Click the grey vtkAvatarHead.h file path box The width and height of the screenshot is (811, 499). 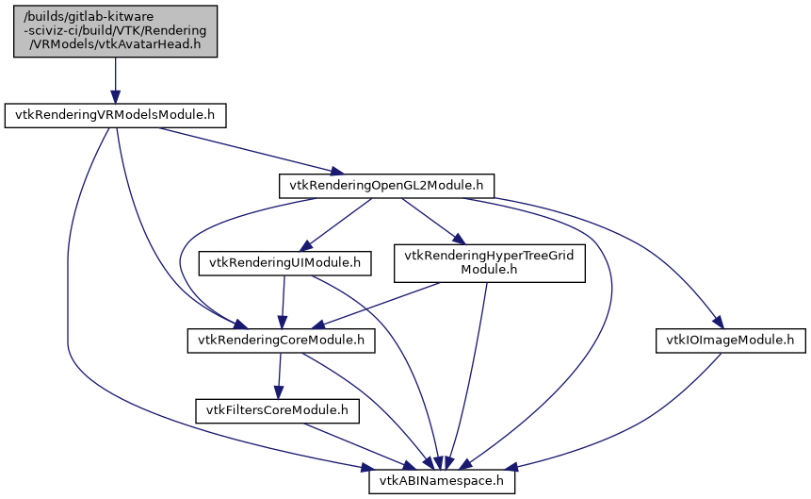115,31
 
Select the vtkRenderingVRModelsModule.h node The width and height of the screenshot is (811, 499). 116,116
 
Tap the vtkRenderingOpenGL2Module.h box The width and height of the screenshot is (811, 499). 386,186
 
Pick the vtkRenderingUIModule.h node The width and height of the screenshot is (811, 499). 285,262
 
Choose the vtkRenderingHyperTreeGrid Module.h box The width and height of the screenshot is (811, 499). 489,263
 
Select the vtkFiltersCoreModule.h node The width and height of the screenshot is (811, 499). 278,410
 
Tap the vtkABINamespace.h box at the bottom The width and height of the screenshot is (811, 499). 441,482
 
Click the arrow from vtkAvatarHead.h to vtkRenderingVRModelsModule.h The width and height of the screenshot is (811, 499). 115,80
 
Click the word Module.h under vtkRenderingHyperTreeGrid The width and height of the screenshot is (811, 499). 489,270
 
